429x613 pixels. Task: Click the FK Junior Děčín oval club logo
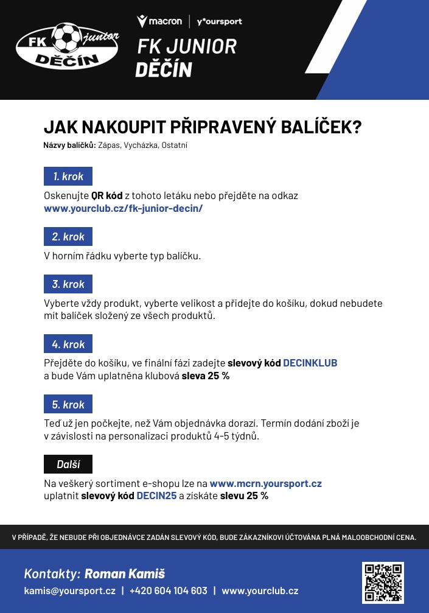(67, 46)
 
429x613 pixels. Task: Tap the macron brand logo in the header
(159, 21)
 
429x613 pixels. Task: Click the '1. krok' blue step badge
(68, 177)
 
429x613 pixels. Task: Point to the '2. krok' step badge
(68, 236)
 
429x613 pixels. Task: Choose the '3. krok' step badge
(68, 284)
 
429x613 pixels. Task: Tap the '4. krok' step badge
(68, 344)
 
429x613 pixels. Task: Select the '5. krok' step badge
(68, 404)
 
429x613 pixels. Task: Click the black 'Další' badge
(68, 464)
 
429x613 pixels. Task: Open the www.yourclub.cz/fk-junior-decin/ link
(123, 208)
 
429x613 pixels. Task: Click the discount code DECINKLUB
(310, 363)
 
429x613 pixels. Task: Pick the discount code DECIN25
(156, 496)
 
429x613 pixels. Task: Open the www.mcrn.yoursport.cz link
(265, 484)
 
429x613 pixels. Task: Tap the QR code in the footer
(383, 583)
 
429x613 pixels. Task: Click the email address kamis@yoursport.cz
(69, 590)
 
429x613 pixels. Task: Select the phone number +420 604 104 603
(168, 590)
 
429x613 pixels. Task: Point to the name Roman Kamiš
(125, 573)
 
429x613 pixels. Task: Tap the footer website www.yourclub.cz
(260, 590)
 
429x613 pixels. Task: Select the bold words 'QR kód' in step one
(107, 196)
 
